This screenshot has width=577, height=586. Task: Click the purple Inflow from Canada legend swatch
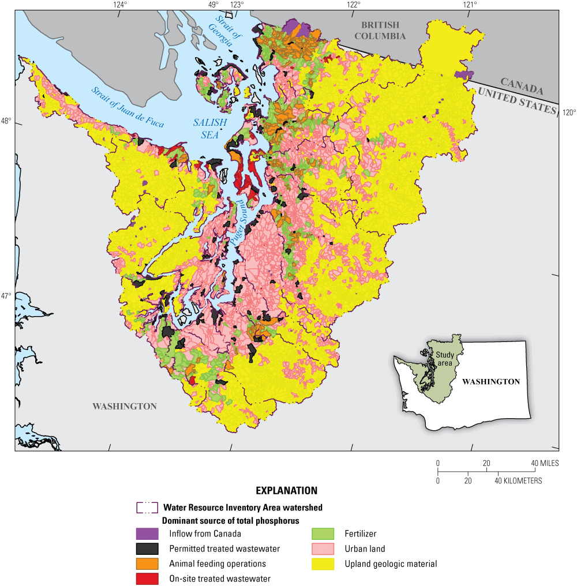point(147,534)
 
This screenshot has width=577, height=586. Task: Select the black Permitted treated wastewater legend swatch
point(147,549)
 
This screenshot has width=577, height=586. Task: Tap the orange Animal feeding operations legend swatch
point(147,564)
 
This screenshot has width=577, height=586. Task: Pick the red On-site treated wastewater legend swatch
point(147,579)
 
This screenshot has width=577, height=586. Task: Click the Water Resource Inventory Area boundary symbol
point(147,508)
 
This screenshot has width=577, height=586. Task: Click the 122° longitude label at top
point(353,5)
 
